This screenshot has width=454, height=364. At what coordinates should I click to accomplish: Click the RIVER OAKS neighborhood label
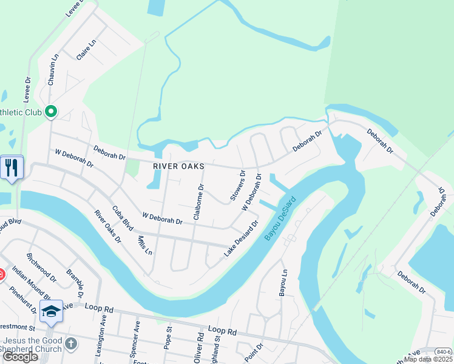tap(178, 166)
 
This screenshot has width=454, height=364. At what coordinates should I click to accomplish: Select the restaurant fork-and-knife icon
tap(12, 167)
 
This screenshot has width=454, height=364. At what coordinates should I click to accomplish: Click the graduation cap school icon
tap(52, 311)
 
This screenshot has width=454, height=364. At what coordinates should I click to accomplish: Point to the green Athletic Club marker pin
tap(51, 112)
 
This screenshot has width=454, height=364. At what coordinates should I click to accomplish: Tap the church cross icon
tap(71, 345)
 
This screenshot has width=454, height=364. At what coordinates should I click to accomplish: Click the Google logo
tap(20, 357)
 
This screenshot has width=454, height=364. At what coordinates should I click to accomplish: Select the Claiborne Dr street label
tap(199, 201)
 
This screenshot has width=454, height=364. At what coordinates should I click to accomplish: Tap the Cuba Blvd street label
tap(123, 217)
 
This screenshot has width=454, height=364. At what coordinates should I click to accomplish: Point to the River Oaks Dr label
tap(107, 226)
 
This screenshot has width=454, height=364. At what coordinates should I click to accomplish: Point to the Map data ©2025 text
tap(429, 359)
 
